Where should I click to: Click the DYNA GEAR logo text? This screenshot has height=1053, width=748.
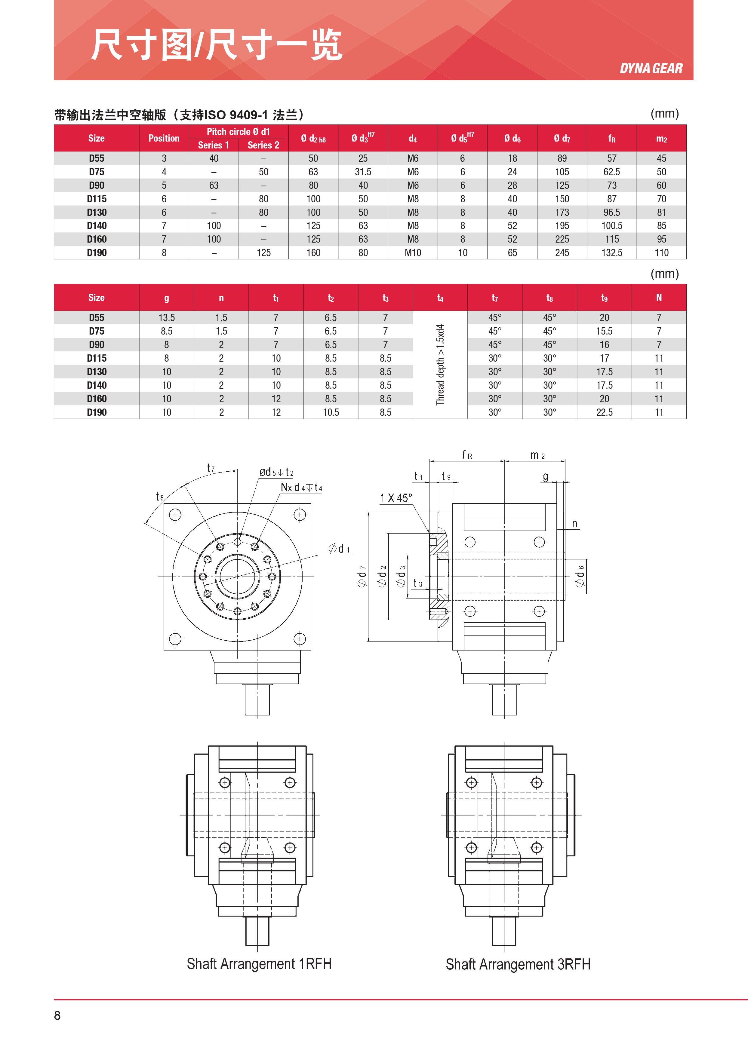[x=651, y=69]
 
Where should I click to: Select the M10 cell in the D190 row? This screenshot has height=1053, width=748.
[x=413, y=253]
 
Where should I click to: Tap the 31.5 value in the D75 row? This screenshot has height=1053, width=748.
[x=363, y=172]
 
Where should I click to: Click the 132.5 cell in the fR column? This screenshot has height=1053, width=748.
[x=612, y=253]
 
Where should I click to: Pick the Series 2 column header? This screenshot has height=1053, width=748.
[x=263, y=145]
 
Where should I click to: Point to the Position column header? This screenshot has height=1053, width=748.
[x=164, y=138]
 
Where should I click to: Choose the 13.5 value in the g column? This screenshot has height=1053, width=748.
[x=166, y=317]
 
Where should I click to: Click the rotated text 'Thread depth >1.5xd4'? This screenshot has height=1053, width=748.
[x=440, y=365]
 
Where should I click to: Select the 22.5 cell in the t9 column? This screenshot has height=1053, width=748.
[x=604, y=412]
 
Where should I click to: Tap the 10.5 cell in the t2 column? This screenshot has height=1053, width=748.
[x=331, y=412]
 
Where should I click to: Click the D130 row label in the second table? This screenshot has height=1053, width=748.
[x=97, y=372]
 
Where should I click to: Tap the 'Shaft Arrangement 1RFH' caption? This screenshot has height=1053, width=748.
[x=259, y=964]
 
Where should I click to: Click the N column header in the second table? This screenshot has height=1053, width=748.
[x=659, y=298]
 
